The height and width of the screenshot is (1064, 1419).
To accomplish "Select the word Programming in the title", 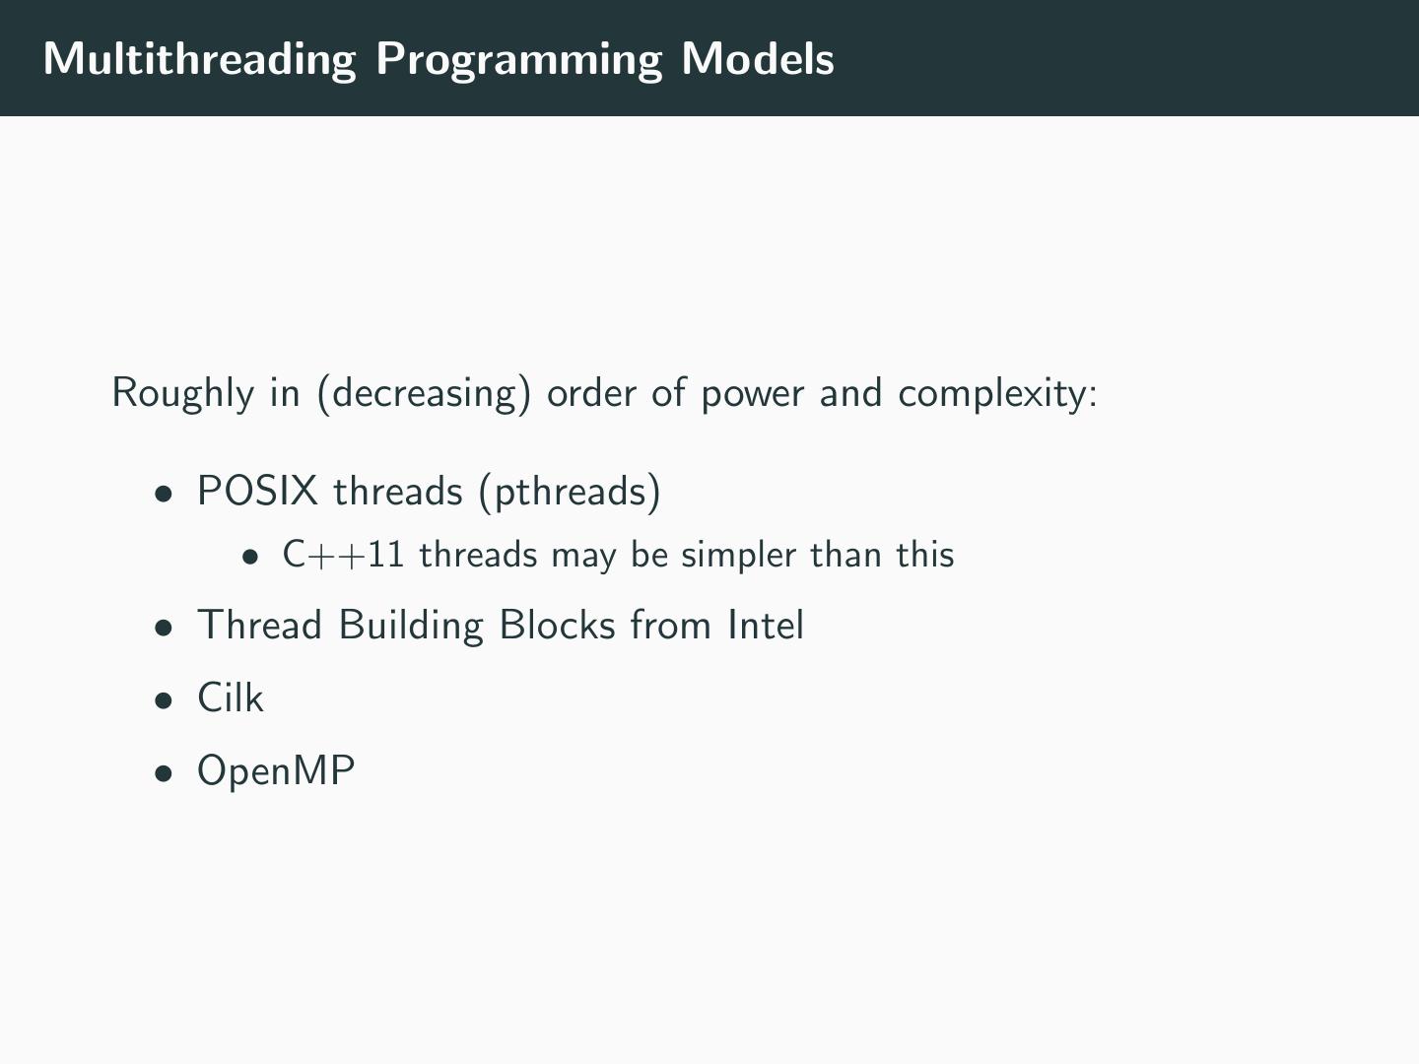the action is click(x=518, y=59).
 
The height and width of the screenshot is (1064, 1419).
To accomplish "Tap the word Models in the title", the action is click(x=758, y=59).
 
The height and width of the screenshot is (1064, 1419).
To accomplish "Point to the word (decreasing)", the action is click(x=424, y=393).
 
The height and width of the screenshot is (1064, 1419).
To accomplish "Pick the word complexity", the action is click(x=996, y=393).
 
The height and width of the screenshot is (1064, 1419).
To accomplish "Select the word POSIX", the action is click(x=257, y=491).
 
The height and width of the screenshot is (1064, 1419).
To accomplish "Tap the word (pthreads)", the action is click(x=570, y=491).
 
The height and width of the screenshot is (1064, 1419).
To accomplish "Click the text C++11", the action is click(x=343, y=555).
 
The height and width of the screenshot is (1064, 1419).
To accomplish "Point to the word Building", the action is click(x=411, y=626).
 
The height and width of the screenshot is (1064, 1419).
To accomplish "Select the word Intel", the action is click(x=766, y=626).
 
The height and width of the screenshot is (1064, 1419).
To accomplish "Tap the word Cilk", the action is click(x=231, y=698).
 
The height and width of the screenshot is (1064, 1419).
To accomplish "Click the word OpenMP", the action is click(x=276, y=770).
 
